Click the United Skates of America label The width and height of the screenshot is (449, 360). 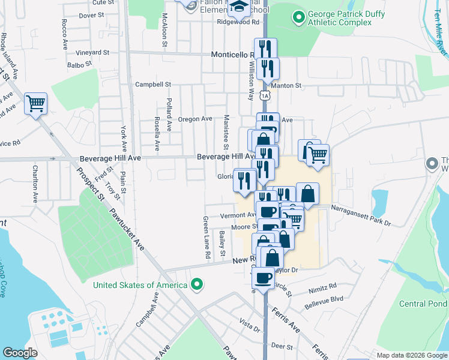point(140,284)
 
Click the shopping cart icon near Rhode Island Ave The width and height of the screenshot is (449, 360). point(35,104)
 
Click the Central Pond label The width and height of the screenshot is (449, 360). point(423,304)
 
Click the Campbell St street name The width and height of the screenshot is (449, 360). point(153,85)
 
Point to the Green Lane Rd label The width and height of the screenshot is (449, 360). point(207,238)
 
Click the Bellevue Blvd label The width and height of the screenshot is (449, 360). point(324,298)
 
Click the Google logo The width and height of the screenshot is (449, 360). point(20,353)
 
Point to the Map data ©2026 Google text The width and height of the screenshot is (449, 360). point(411,355)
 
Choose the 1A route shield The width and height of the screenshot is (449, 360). point(265,95)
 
